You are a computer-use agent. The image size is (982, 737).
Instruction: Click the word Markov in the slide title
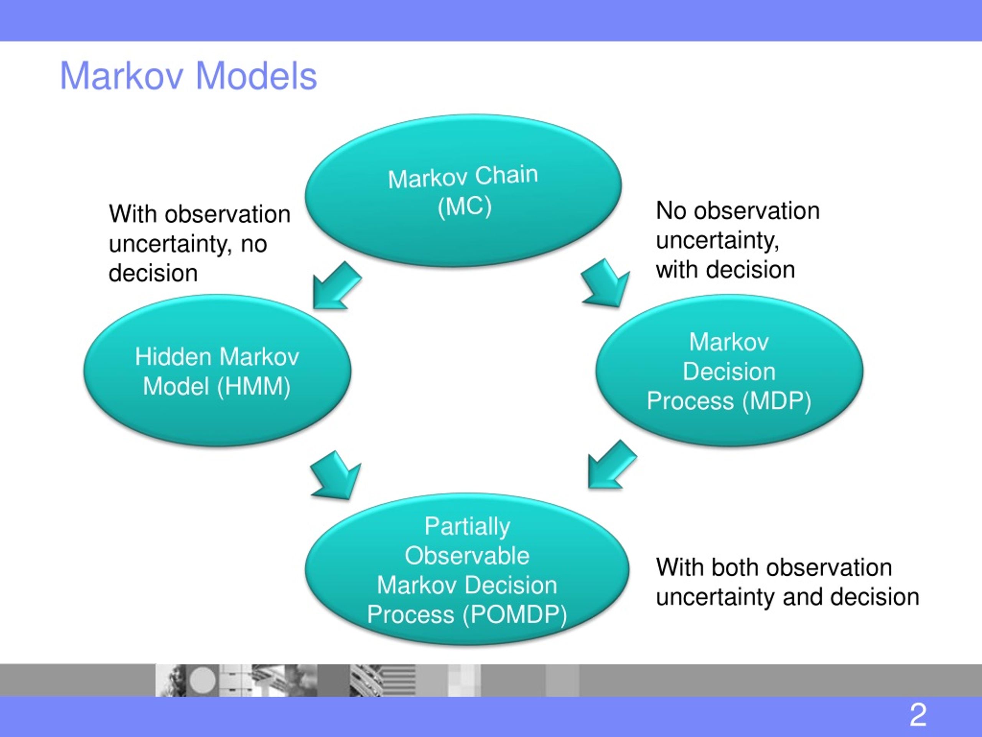tap(121, 76)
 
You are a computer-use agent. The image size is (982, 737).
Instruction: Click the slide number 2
tap(918, 715)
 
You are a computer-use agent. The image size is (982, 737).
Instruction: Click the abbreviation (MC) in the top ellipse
tap(465, 207)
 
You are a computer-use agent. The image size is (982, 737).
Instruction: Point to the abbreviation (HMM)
tap(254, 386)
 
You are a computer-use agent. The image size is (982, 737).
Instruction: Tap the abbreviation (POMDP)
tap(514, 615)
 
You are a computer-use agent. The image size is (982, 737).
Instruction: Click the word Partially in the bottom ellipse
tap(467, 527)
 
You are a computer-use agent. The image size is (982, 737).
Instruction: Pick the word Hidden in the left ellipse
tap(174, 357)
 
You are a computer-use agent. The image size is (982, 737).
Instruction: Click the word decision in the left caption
tap(153, 273)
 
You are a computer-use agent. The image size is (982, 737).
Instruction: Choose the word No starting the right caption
tap(671, 211)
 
